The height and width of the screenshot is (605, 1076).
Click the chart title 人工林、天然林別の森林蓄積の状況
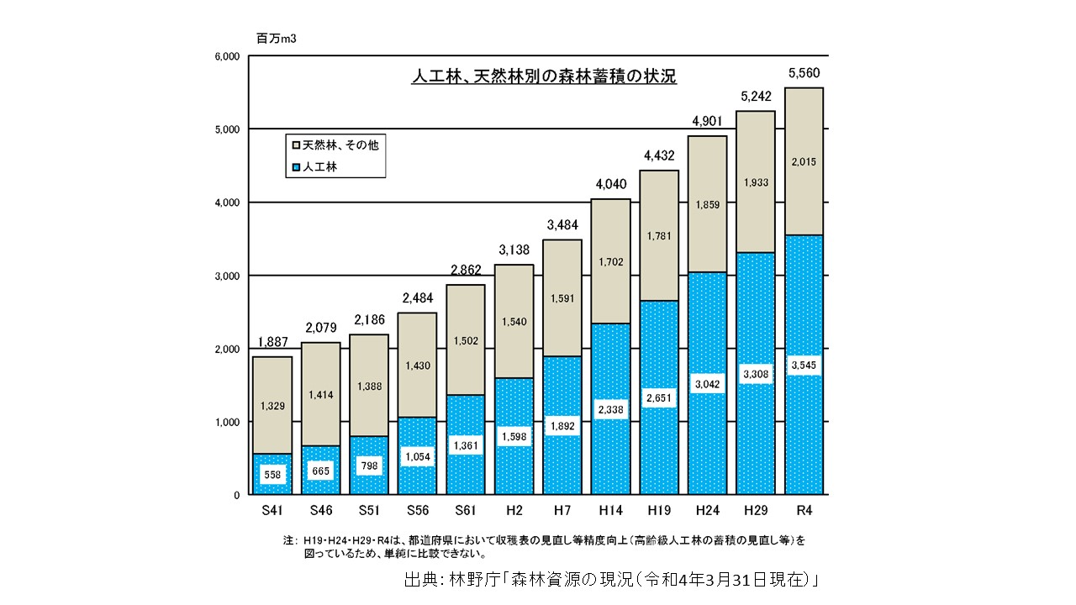point(543,76)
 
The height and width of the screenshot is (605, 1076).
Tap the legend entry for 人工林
point(319,167)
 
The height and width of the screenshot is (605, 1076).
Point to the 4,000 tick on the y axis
point(229,203)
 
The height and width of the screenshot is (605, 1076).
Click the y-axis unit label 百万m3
point(276,38)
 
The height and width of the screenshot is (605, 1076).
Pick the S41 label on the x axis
point(272,510)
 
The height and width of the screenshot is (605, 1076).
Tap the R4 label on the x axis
point(804,510)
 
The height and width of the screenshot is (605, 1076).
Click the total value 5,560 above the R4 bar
point(804,74)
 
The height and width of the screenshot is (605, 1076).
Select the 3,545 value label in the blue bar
point(804,366)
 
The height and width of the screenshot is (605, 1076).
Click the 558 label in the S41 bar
point(272,474)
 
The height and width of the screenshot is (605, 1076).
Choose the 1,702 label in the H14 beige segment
point(611,263)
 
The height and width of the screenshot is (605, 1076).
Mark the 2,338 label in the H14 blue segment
point(611,408)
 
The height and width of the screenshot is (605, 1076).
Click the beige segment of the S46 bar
point(320,395)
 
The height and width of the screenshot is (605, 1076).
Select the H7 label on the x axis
point(562,510)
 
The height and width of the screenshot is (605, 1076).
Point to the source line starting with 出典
point(611,580)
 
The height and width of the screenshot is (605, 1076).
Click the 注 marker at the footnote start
point(290,540)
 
